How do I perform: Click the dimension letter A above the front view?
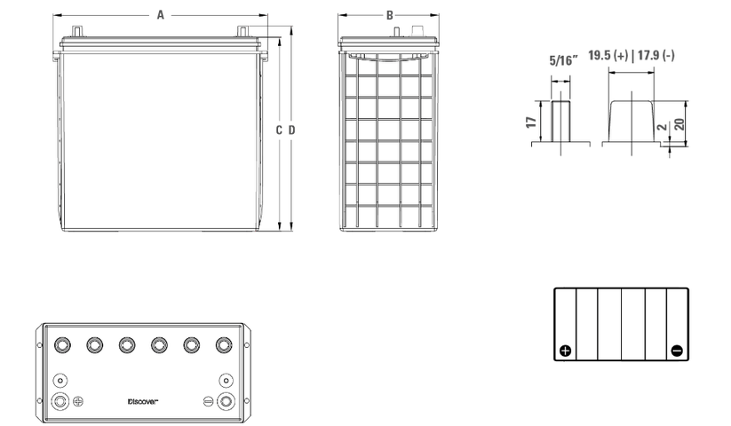point(161,15)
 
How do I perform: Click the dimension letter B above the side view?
point(389,15)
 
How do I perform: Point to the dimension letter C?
point(279,130)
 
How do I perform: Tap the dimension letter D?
point(292,130)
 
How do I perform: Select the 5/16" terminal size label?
point(564,60)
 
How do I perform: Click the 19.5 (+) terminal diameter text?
point(608,55)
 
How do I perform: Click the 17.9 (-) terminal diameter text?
point(656,55)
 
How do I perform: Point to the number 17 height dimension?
point(531,122)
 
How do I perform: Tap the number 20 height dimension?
point(679,124)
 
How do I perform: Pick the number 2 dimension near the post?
point(662,128)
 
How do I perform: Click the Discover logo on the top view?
point(143,401)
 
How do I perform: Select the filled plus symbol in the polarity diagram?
point(566,351)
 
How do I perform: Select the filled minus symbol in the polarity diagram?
point(677,351)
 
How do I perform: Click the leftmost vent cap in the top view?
point(62,345)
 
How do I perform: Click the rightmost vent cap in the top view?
point(224,345)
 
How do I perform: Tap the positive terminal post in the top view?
point(60,401)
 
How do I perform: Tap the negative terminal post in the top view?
point(226,401)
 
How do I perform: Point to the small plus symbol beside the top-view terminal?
point(78,401)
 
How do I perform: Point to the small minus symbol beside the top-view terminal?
point(208,401)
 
